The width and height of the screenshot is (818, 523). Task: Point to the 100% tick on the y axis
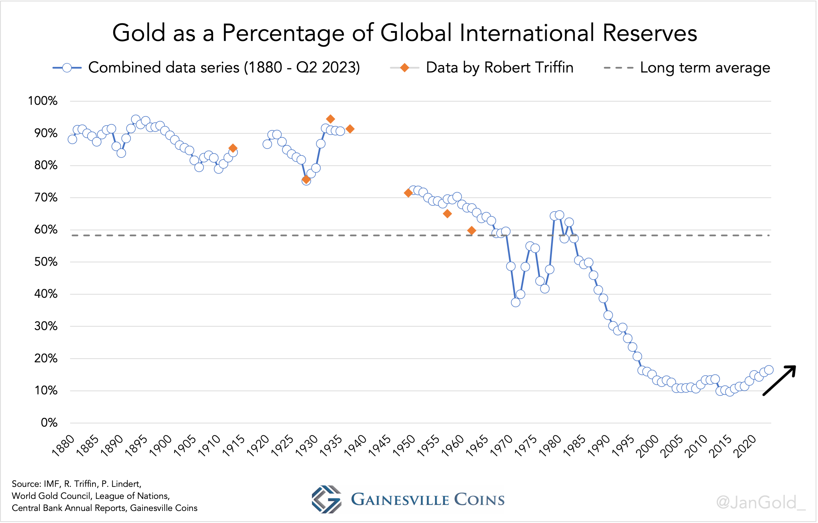coord(43,101)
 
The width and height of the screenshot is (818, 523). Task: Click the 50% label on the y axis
coord(46,262)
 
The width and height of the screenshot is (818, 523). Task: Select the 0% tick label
coord(49,423)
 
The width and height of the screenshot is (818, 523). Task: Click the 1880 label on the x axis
coord(64,445)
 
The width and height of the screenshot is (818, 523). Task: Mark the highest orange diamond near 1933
coord(330,119)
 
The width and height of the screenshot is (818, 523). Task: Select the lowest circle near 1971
coord(515,302)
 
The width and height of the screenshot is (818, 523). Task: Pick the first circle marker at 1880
coord(72,139)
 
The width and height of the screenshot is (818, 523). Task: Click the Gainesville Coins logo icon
coord(326,499)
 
